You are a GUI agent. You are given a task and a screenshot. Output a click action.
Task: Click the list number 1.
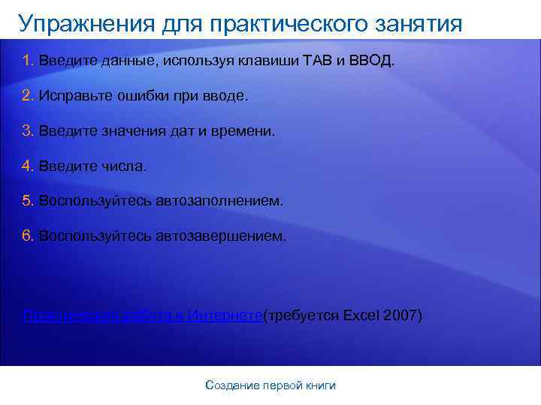click(x=28, y=60)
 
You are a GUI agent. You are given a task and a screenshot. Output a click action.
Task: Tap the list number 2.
click(x=28, y=95)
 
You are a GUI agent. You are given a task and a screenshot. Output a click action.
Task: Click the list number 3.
click(x=28, y=130)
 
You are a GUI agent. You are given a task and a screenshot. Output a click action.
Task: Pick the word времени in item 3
click(x=245, y=130)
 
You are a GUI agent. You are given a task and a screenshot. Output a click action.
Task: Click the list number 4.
click(x=28, y=166)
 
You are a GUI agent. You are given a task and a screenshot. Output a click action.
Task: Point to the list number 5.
click(x=28, y=201)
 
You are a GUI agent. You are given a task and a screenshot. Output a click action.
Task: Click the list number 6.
click(x=28, y=236)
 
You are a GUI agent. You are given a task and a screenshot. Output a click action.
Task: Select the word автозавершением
click(x=221, y=236)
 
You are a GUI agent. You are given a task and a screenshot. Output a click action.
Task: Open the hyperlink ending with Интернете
click(x=142, y=315)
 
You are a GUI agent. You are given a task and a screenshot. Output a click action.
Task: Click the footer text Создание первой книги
click(x=270, y=385)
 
